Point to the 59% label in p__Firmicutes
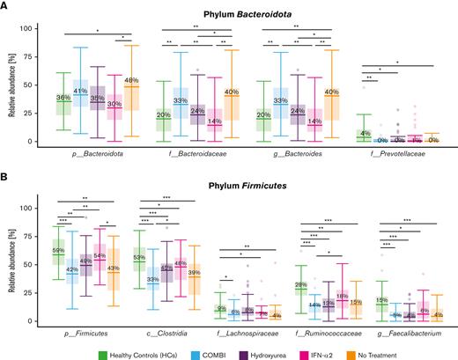(57, 251)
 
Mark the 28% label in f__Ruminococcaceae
(251, 285)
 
